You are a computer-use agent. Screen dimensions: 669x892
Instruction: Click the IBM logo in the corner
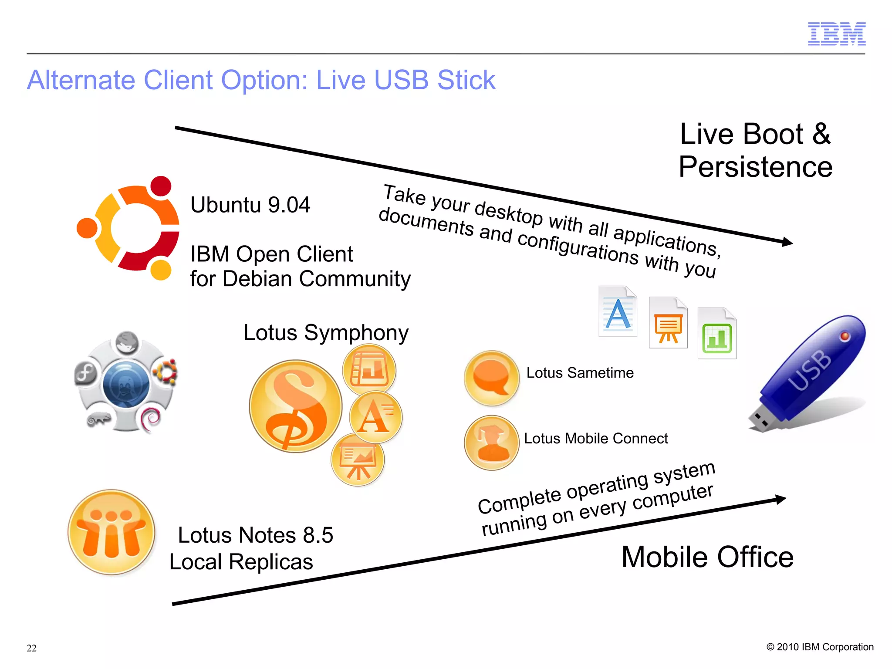(x=836, y=34)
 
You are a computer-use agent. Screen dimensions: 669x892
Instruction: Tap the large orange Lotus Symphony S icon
(x=295, y=406)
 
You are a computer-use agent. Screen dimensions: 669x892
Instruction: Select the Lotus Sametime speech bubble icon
(x=491, y=378)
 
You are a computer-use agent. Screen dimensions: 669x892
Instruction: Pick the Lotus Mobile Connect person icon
(x=491, y=443)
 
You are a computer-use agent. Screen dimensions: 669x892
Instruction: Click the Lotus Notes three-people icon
(x=111, y=532)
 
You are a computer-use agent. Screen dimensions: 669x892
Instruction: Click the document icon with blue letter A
(x=618, y=312)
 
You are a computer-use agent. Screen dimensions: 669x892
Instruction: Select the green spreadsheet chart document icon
(x=716, y=334)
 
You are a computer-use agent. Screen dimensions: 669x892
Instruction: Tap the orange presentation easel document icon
(x=668, y=323)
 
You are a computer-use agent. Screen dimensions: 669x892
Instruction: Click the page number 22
(x=31, y=648)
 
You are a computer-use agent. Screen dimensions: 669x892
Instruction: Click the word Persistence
(x=755, y=167)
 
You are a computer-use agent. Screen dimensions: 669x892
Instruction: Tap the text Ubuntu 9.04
(x=250, y=205)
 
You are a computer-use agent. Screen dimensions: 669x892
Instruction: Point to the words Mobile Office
(x=707, y=557)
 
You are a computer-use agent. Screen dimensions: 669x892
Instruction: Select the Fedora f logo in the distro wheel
(x=86, y=373)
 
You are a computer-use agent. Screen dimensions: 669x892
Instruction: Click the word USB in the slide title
(x=401, y=80)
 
